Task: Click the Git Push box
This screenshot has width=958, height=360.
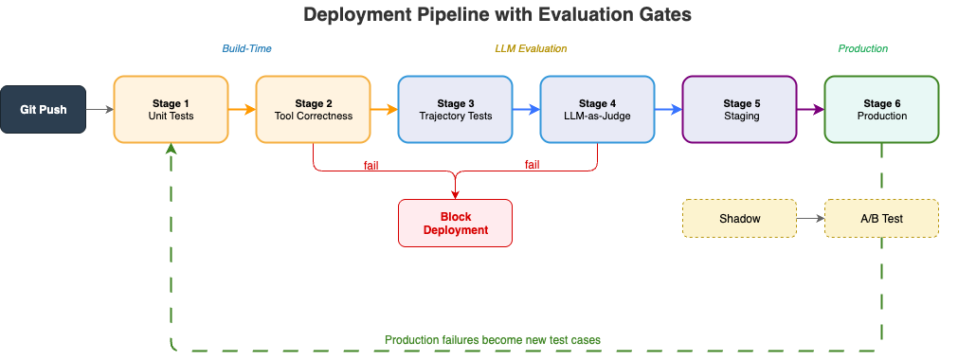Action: (43, 109)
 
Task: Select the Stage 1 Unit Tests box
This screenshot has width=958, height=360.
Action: (172, 109)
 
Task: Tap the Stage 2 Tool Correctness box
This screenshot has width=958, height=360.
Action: (313, 109)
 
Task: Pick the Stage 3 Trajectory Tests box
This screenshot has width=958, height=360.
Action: (455, 109)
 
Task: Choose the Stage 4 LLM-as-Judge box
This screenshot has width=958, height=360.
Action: (597, 109)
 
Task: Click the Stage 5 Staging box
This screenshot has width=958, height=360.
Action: (739, 109)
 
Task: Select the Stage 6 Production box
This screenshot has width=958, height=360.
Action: (881, 109)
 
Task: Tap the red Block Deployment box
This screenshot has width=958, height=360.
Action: (455, 223)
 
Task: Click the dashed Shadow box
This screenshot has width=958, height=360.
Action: (739, 218)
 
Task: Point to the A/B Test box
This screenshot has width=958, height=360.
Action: (881, 218)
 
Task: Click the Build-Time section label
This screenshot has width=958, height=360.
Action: (246, 49)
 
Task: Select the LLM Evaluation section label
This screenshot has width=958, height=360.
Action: (531, 49)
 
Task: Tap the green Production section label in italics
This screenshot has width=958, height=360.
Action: (862, 49)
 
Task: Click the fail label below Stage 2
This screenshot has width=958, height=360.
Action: (371, 165)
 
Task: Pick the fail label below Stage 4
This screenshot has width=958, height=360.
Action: (533, 165)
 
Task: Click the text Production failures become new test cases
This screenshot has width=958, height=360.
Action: (493, 340)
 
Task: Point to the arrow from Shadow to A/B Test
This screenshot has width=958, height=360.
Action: (811, 218)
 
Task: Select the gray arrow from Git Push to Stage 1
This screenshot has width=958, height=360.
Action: (99, 109)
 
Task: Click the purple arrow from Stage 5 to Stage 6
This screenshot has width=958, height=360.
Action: (811, 109)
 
